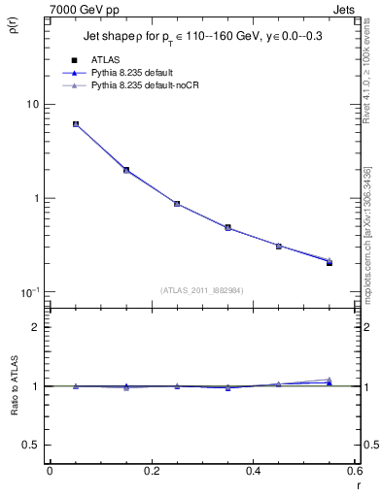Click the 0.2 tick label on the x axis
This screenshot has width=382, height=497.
coord(151,471)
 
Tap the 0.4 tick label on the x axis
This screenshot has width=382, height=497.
coord(253,471)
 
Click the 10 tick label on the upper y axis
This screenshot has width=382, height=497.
coord(31,105)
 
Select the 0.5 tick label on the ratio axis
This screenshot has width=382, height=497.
coord(31,445)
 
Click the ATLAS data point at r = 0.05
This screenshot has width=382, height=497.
coord(76,124)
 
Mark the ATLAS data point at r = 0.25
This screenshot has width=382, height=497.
coord(177,204)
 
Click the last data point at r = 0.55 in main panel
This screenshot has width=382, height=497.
coord(330,262)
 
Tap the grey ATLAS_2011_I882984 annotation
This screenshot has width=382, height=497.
coord(202,290)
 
